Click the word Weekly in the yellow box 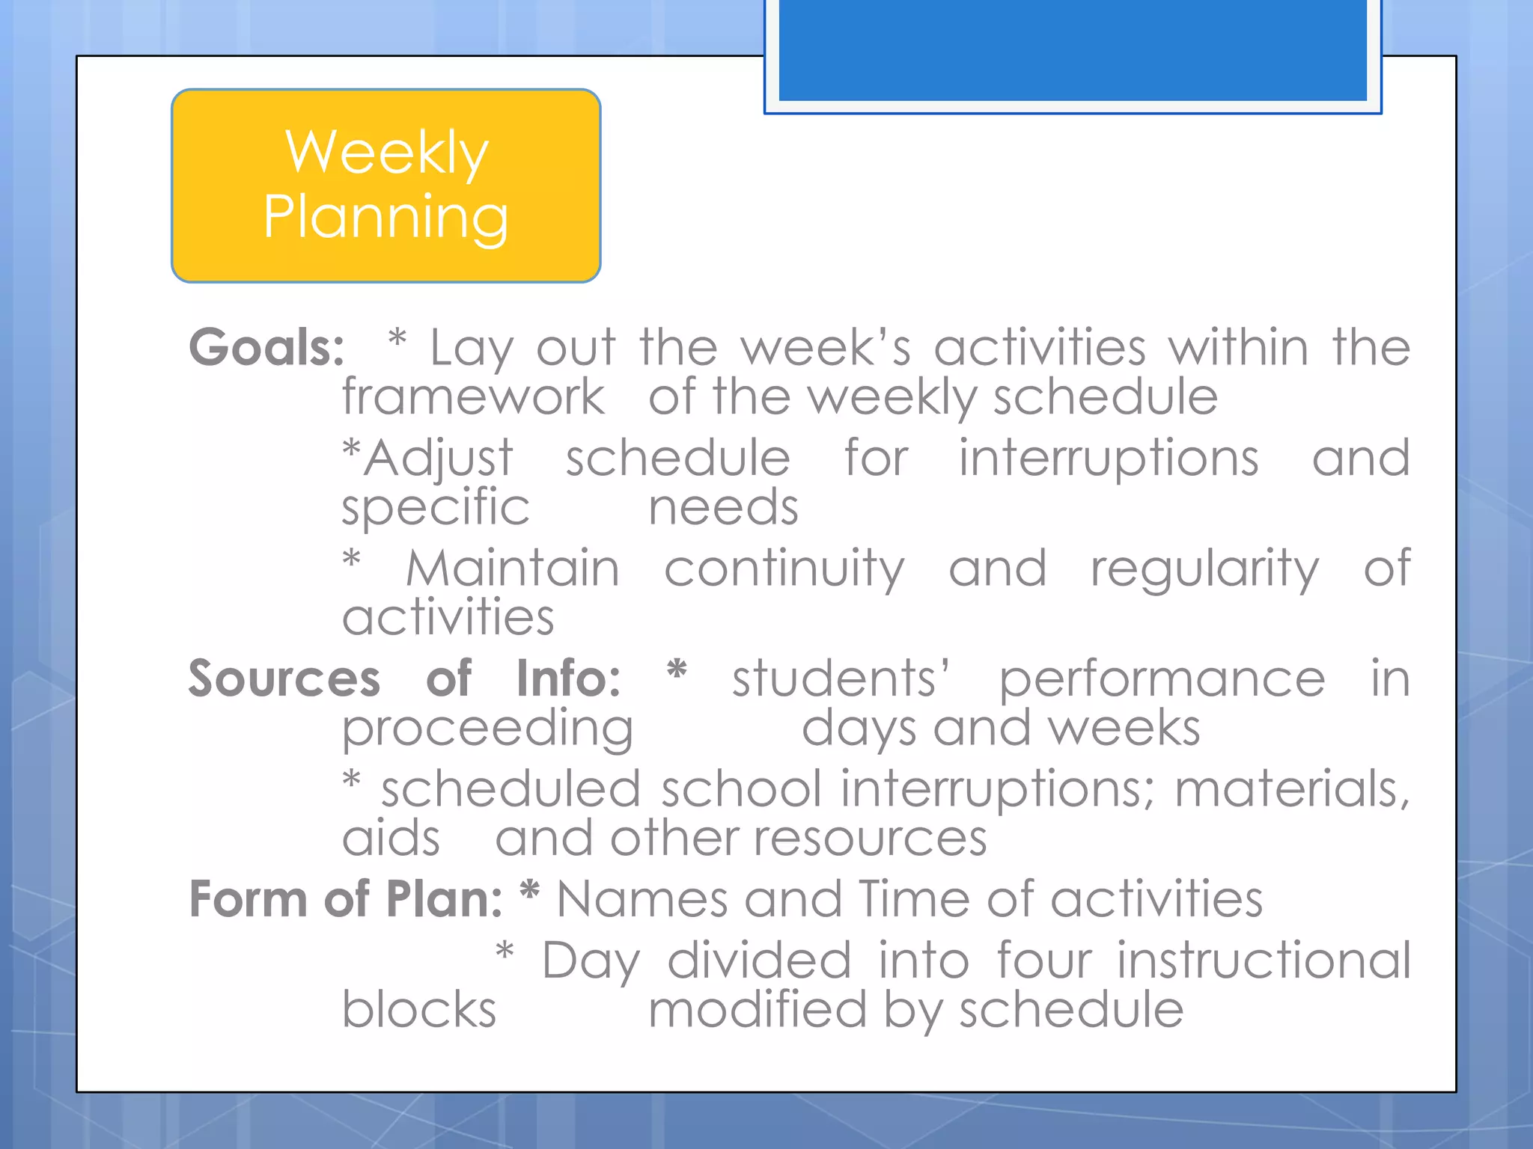pyautogui.click(x=387, y=153)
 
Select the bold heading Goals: pyautogui.click(x=266, y=348)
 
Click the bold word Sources pyautogui.click(x=284, y=678)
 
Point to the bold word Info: pyautogui.click(x=568, y=678)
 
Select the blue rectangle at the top pyautogui.click(x=1073, y=51)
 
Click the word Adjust pyautogui.click(x=439, y=458)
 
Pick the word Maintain pyautogui.click(x=513, y=569)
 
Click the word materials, pyautogui.click(x=1292, y=790)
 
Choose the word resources pyautogui.click(x=870, y=839)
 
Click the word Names pyautogui.click(x=642, y=898)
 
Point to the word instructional pyautogui.click(x=1264, y=960)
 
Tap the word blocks pyautogui.click(x=419, y=1010)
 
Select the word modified pyautogui.click(x=757, y=1010)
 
